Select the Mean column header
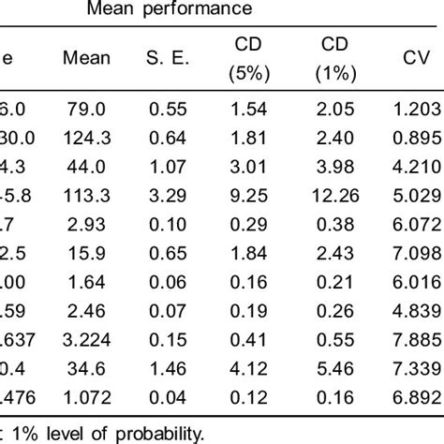tap(85, 58)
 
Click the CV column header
tap(408, 58)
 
